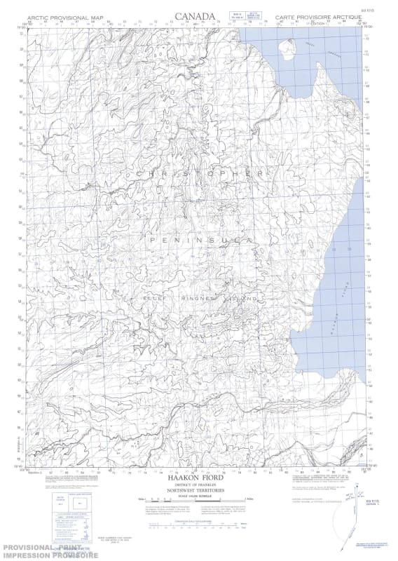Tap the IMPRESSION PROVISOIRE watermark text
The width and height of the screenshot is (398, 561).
[49, 555]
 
